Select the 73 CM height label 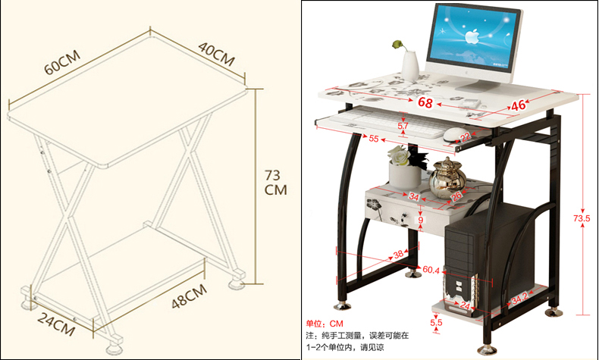[x=274, y=182]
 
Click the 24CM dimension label [x=58, y=327]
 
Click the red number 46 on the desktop [x=518, y=105]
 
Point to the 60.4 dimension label [x=432, y=269]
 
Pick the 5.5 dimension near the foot [x=436, y=322]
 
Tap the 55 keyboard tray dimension [x=374, y=139]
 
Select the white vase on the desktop [x=409, y=64]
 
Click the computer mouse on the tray [x=453, y=135]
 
